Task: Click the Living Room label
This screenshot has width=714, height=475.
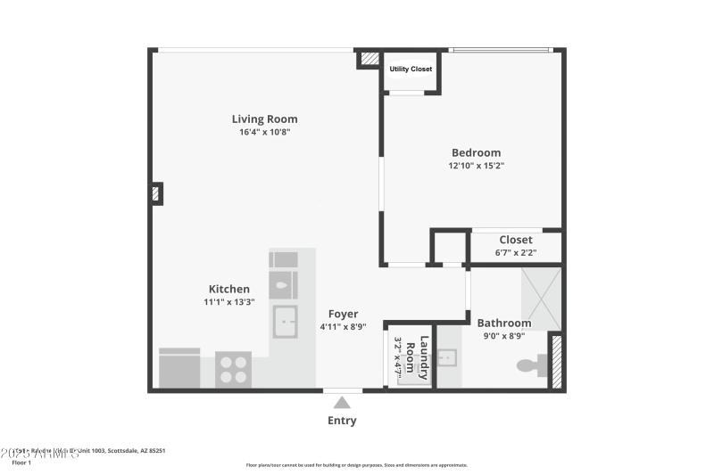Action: tap(264, 119)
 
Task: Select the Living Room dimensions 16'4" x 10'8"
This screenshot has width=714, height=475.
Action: tap(264, 132)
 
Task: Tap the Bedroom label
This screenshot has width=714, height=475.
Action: tap(476, 152)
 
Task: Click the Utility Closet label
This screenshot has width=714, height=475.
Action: tap(411, 69)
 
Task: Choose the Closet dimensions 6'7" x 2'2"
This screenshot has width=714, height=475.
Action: tap(515, 253)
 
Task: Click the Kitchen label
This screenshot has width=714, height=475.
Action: tap(229, 289)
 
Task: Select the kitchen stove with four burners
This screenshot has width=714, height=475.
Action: tap(234, 370)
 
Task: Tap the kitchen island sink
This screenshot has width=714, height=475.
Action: tap(285, 321)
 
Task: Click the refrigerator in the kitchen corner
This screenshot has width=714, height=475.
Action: tap(179, 368)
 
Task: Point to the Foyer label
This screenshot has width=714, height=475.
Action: tap(344, 314)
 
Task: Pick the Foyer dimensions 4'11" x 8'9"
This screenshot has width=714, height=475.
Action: tap(344, 327)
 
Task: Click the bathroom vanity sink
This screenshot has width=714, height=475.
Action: tap(448, 358)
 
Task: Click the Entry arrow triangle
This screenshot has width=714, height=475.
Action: tap(342, 403)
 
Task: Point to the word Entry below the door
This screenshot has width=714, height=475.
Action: tap(342, 421)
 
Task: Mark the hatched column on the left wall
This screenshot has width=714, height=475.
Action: tap(156, 193)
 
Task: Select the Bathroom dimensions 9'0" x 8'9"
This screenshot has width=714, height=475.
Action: tap(503, 336)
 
